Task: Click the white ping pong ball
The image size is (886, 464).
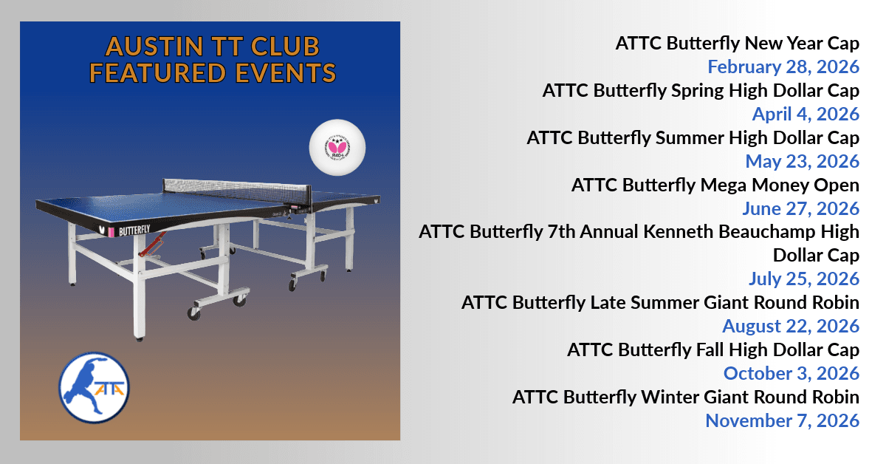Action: [x=338, y=147]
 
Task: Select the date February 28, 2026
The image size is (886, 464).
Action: [x=783, y=66]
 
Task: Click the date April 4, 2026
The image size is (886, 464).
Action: [x=806, y=114]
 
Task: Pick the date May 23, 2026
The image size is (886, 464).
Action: [x=802, y=161]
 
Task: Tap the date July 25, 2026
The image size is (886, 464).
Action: [x=803, y=279]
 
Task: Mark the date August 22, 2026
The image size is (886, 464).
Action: [x=791, y=326]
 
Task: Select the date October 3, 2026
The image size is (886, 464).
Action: [x=791, y=373]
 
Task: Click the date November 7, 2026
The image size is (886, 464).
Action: [x=782, y=420]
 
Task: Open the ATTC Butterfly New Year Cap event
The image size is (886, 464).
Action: [x=737, y=44]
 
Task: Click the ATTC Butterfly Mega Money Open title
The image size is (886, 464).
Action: [x=715, y=185]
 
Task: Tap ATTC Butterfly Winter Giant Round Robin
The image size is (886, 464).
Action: [x=686, y=397]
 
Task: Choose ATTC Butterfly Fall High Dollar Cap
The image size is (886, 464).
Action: [x=712, y=349]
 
